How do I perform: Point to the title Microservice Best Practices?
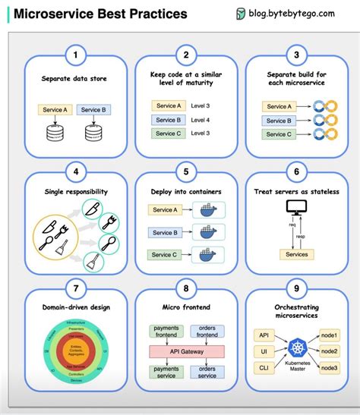(101, 14)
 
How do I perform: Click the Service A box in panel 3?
(279, 106)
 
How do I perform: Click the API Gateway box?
(185, 351)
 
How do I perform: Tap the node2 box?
(328, 351)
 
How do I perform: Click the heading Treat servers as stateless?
(296, 192)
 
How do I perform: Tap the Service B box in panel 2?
(168, 120)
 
